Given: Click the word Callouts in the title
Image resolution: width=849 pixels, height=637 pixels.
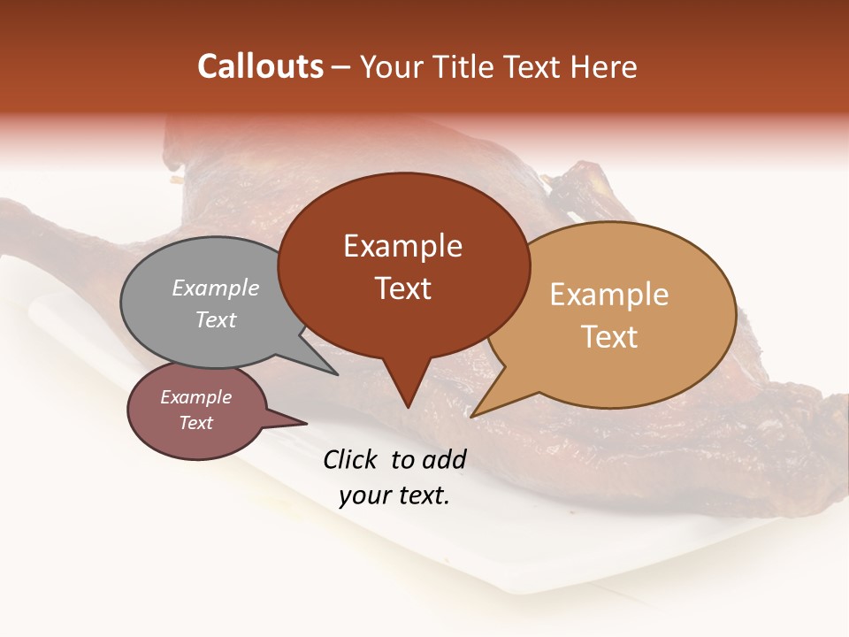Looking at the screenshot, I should click(260, 66).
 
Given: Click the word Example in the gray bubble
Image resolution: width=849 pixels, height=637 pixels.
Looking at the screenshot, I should click(216, 288).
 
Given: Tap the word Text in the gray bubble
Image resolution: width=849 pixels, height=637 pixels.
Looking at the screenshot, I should click(216, 319).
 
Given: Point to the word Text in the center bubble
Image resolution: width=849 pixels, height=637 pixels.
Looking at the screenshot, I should click(403, 288).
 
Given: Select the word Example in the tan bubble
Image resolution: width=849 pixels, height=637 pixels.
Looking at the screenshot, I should click(609, 294).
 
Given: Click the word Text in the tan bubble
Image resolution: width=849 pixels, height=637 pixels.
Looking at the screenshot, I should click(609, 336).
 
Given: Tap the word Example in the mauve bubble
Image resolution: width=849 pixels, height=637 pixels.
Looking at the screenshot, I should click(195, 397).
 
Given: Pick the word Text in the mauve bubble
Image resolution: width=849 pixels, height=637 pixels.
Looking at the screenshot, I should click(195, 423).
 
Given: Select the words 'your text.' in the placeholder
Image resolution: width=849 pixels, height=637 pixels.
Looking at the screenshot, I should click(394, 495).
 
